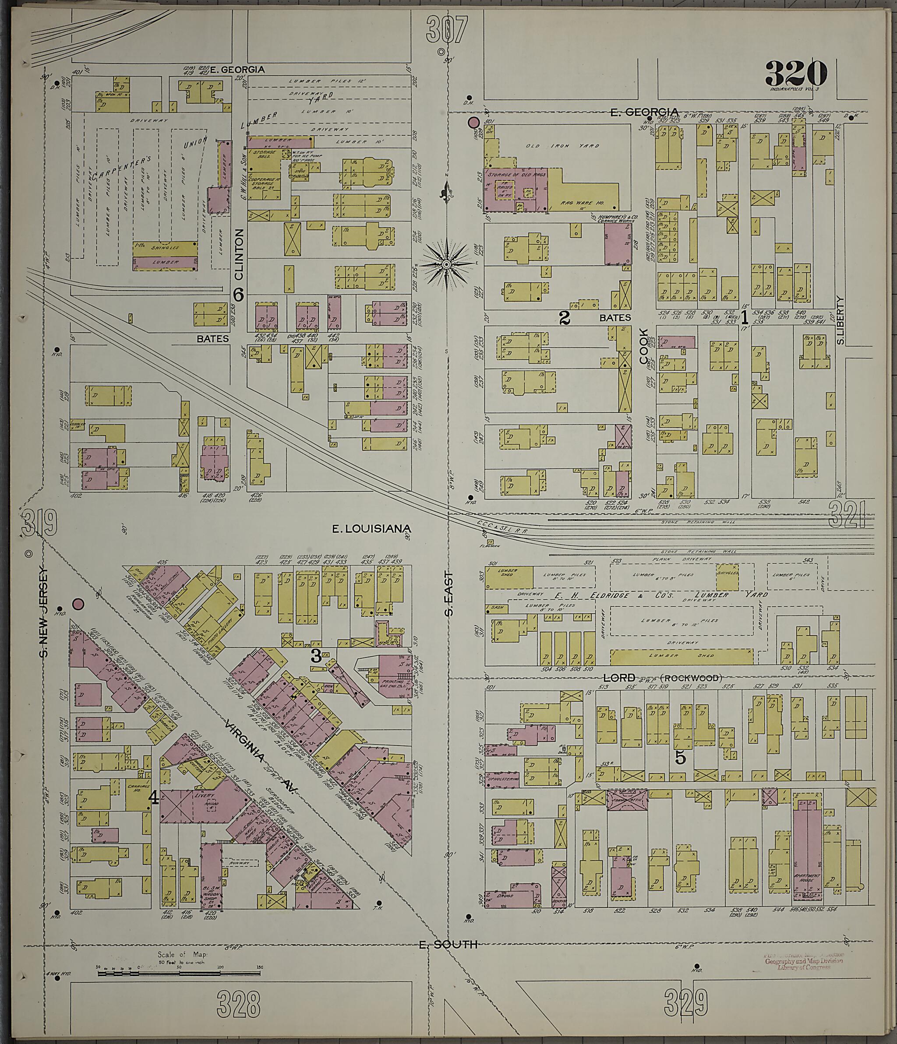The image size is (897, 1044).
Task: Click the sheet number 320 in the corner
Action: [x=796, y=74]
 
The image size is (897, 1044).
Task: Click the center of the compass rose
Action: [x=447, y=264]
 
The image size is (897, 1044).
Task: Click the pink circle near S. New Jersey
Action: [x=78, y=604]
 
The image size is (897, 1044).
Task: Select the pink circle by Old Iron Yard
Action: [x=473, y=122]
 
